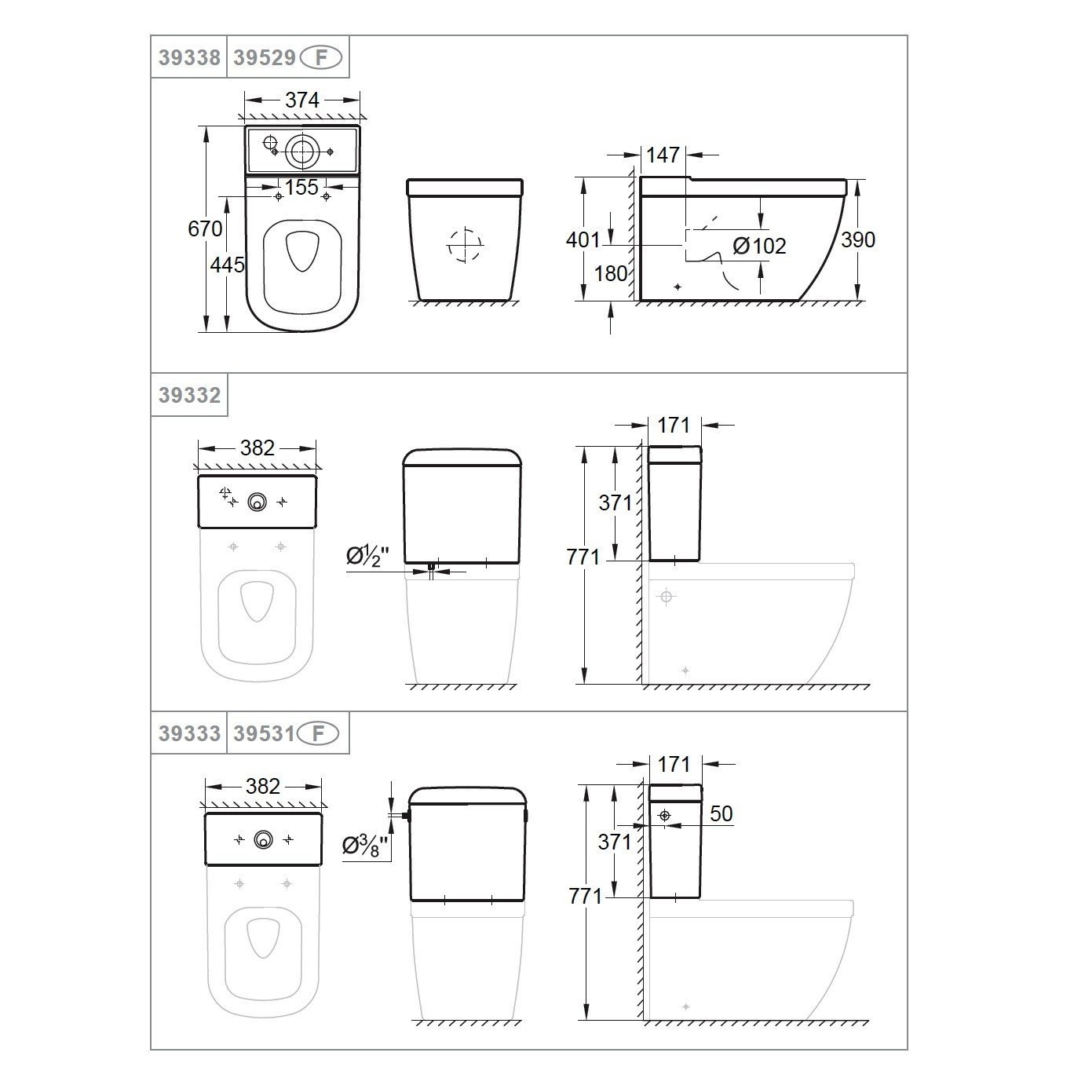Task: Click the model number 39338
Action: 188,57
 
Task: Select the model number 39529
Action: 265,57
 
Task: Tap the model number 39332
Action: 188,395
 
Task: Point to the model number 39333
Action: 188,733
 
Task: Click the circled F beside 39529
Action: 322,57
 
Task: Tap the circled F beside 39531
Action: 320,733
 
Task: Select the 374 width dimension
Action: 302,100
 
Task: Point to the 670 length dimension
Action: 205,229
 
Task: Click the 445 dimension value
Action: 227,265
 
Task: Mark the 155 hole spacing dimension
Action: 301,187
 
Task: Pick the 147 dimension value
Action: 663,155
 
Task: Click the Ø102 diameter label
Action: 759,247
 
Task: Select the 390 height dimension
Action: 857,239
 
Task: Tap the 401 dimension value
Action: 583,239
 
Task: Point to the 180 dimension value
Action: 611,273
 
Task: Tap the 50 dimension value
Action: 721,813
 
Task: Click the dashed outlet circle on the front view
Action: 464,245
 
